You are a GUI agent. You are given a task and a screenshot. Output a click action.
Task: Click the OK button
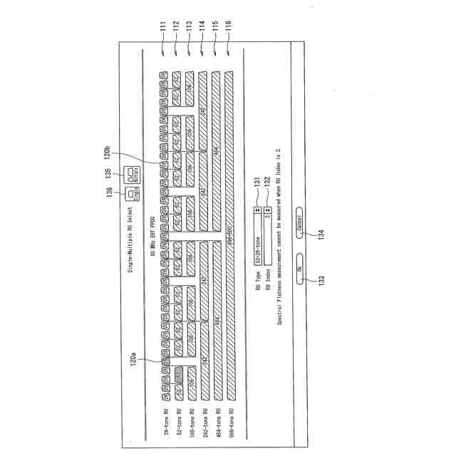(300, 269)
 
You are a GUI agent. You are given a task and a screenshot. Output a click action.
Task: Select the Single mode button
(130, 193)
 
